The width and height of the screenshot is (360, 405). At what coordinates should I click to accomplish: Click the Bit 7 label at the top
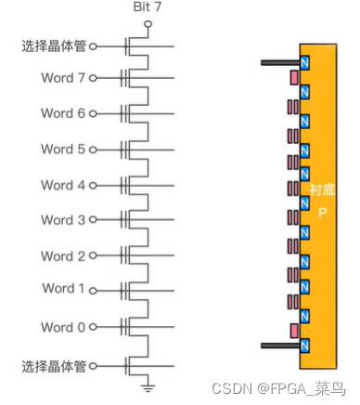(x=147, y=7)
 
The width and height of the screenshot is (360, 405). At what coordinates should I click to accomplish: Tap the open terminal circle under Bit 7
(x=147, y=22)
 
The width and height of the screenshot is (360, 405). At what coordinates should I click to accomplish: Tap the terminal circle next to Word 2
(x=118, y=256)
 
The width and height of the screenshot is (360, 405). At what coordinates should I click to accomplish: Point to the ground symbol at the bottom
(x=147, y=385)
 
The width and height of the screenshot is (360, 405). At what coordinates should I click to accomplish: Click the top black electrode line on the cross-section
(x=279, y=62)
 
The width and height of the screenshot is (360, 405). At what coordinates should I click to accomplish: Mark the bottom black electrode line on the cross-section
(x=279, y=346)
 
